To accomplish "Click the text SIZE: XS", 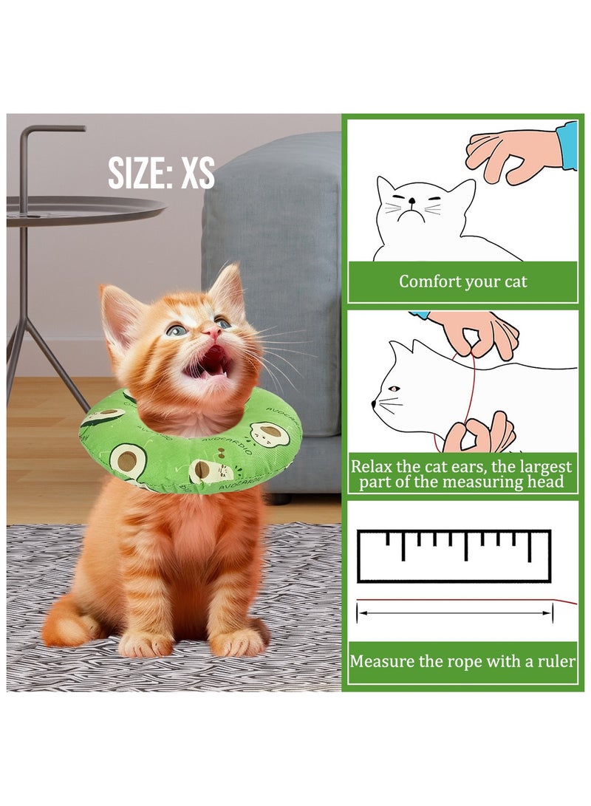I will tap(161, 174).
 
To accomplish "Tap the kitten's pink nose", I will tap(213, 334).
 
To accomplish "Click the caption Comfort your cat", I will tap(463, 281).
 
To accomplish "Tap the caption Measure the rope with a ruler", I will tap(462, 661).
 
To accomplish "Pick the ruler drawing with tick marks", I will tap(454, 556).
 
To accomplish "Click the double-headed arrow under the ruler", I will tap(454, 612).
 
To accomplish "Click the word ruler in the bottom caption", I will tap(555, 661).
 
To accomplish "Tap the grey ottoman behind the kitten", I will tap(295, 244).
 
